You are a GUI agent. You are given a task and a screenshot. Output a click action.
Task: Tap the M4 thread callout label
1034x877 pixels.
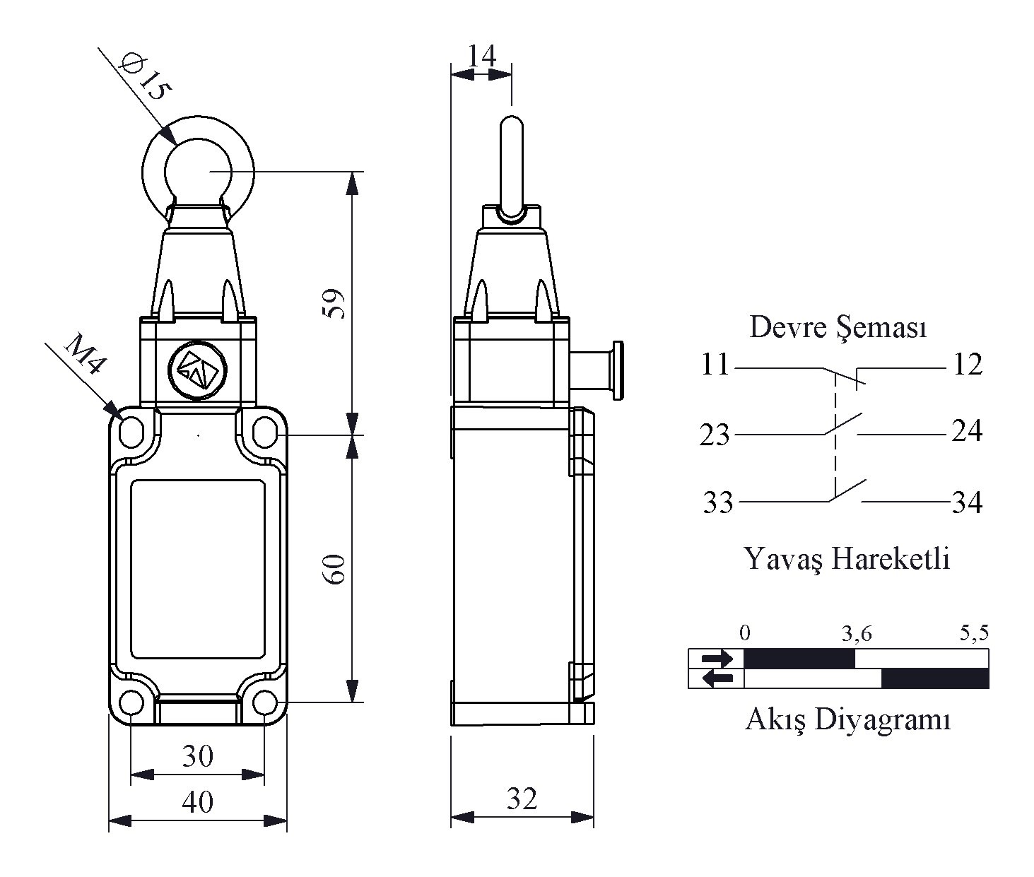pyautogui.click(x=86, y=354)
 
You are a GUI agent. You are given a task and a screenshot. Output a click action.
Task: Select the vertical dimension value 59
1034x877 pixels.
pyautogui.click(x=334, y=304)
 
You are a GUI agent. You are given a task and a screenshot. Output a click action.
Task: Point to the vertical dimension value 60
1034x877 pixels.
pyautogui.click(x=334, y=569)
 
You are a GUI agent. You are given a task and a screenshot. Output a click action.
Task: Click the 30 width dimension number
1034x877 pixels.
pyautogui.click(x=198, y=756)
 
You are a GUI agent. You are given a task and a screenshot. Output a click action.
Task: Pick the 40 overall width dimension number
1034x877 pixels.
pyautogui.click(x=198, y=803)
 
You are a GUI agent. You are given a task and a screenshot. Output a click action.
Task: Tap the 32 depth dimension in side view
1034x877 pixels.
pyautogui.click(x=522, y=799)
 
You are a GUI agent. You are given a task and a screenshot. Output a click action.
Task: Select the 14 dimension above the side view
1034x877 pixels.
pyautogui.click(x=481, y=56)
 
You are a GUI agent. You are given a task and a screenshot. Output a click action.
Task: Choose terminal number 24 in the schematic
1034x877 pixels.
pyautogui.click(x=966, y=431)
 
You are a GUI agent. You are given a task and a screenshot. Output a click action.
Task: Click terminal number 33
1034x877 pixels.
pyautogui.click(x=718, y=502)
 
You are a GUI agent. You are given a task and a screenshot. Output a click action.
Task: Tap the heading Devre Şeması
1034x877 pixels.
pyautogui.click(x=838, y=328)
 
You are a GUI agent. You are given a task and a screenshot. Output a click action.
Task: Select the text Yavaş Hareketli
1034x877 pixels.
pyautogui.click(x=847, y=559)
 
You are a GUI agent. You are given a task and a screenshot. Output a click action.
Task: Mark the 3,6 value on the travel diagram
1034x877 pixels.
pyautogui.click(x=857, y=635)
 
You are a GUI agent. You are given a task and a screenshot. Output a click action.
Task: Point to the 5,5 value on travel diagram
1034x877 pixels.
pyautogui.click(x=974, y=633)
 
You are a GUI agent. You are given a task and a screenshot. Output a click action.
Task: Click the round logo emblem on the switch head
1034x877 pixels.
pyautogui.click(x=198, y=371)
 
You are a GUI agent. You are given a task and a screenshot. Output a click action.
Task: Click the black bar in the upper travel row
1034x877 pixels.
pyautogui.click(x=799, y=659)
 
